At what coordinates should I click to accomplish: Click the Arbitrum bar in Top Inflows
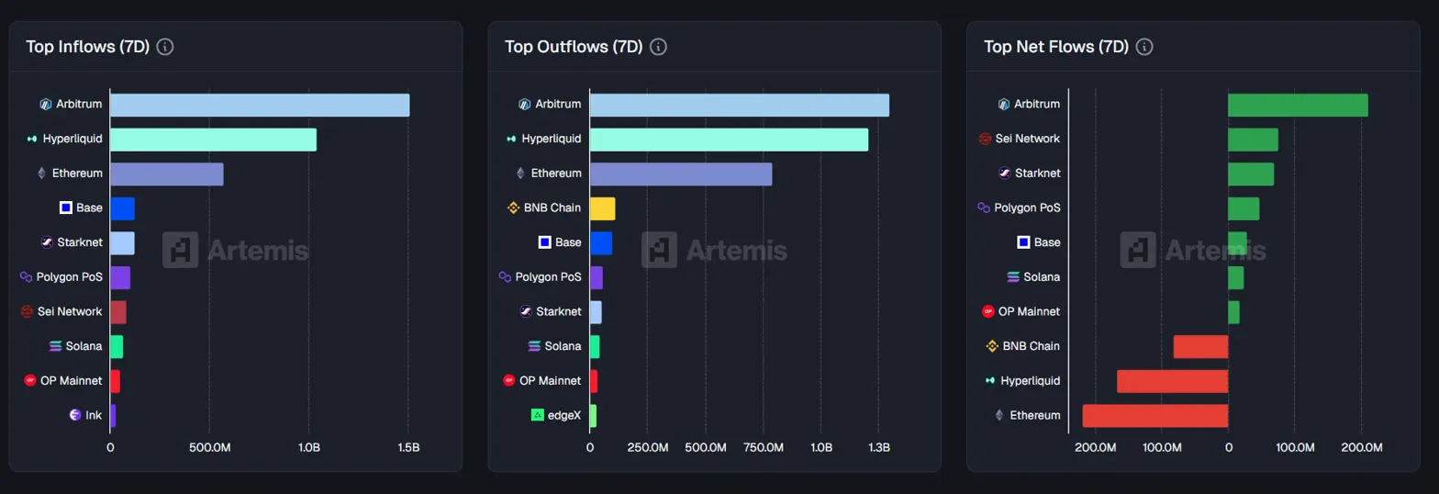tap(260, 105)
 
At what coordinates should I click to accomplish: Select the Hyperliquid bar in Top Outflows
tap(729, 140)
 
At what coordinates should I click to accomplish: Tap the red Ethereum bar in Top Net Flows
tap(1155, 416)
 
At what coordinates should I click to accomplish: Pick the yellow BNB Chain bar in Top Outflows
tap(602, 208)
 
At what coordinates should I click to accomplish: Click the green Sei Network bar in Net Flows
tap(1253, 140)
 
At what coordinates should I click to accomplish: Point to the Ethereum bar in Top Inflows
tap(166, 174)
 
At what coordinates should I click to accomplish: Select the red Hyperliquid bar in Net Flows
tap(1172, 381)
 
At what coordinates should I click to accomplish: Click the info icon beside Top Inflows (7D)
tap(165, 47)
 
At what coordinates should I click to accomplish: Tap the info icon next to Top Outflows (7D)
tap(658, 47)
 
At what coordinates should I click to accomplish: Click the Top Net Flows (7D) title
tap(1055, 47)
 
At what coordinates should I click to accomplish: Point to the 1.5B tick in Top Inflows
tap(408, 448)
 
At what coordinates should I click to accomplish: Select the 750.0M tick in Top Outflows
tap(763, 448)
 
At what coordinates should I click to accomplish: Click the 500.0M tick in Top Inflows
tap(209, 448)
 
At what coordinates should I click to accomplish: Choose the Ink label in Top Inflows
tap(94, 416)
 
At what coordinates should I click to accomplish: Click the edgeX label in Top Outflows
tap(564, 416)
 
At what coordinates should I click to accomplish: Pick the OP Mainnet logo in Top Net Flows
tap(988, 311)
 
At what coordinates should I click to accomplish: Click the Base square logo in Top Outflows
tap(544, 242)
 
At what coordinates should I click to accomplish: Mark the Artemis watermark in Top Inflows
tap(236, 250)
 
